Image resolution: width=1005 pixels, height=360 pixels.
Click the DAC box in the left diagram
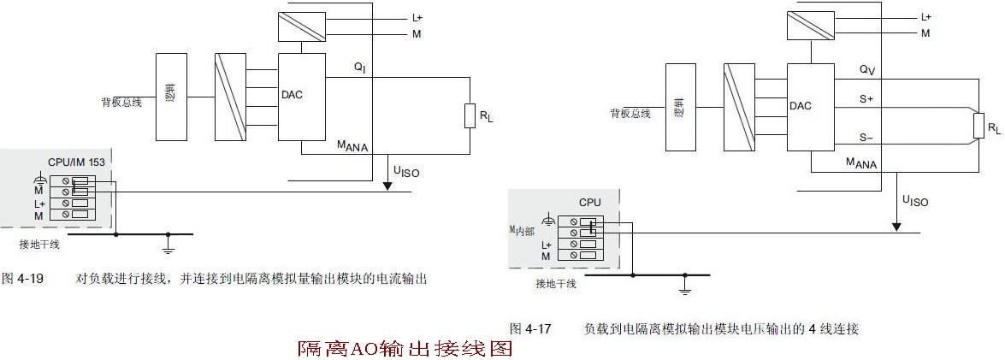point(302,97)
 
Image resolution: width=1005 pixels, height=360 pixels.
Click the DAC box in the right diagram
point(809,107)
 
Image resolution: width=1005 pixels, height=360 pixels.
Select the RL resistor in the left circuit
point(470,115)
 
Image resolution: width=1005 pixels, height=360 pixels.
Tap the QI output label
point(359,67)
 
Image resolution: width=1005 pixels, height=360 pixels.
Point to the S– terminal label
point(866,138)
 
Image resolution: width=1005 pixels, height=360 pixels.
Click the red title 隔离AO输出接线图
point(405,349)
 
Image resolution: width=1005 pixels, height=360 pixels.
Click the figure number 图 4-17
point(530,328)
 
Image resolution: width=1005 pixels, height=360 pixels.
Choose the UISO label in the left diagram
point(406,173)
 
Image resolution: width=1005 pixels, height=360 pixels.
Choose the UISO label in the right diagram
point(914,202)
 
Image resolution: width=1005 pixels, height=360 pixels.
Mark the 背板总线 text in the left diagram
point(123,103)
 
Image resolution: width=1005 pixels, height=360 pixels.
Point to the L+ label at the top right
point(926,17)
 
